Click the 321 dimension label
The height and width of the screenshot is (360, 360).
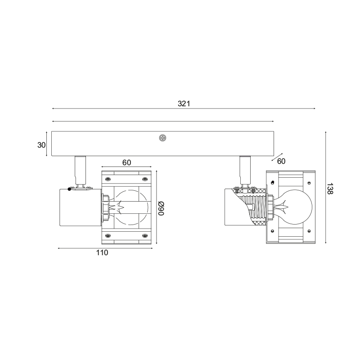pyautogui.click(x=184, y=104)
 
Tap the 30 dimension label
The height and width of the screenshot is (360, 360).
pyautogui.click(x=41, y=145)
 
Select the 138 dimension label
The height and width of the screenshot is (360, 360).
pyautogui.click(x=329, y=189)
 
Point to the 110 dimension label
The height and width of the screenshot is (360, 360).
pyautogui.click(x=102, y=252)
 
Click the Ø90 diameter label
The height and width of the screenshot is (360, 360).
pyautogui.click(x=161, y=208)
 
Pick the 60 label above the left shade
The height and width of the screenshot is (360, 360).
pyautogui.click(x=126, y=162)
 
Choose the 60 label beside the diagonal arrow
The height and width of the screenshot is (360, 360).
pyautogui.click(x=281, y=162)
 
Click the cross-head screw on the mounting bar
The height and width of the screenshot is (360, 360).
pyautogui.click(x=162, y=138)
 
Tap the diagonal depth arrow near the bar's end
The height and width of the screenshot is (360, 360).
pyautogui.click(x=277, y=157)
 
